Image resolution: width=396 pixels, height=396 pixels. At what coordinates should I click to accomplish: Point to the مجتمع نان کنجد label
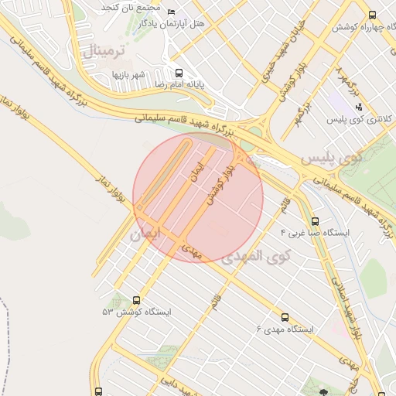click(x=130, y=7)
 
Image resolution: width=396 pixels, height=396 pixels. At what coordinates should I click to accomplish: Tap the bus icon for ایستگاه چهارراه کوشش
click(x=373, y=15)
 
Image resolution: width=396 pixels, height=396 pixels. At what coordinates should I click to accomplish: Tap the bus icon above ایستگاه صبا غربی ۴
click(x=313, y=221)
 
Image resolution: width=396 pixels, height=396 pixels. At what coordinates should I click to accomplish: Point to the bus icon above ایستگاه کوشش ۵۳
click(x=138, y=300)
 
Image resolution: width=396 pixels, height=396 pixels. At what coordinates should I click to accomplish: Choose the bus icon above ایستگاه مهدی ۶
click(x=285, y=317)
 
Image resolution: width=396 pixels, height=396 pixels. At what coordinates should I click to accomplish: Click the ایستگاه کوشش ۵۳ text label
click(x=136, y=312)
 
